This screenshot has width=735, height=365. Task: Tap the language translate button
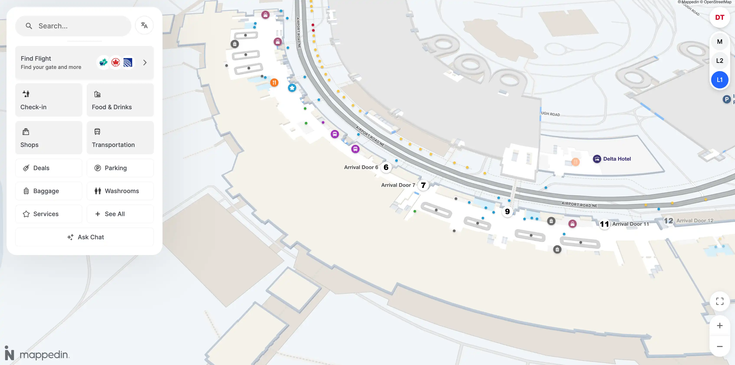tap(144, 25)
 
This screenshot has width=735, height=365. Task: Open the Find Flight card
tap(84, 62)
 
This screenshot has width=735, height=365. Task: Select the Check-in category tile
tap(49, 100)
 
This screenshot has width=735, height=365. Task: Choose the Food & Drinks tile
tap(120, 100)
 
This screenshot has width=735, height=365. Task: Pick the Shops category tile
tap(49, 138)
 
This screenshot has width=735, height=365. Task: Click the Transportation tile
tap(120, 138)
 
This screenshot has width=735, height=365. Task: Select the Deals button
tap(49, 168)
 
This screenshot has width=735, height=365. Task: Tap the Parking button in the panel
tap(120, 168)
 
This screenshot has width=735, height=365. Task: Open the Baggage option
tap(49, 191)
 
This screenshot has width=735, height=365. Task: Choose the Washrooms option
tap(120, 191)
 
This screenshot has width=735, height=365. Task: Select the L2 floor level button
tap(719, 60)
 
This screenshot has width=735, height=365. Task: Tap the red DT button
tap(719, 17)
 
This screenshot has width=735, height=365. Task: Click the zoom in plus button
tap(719, 326)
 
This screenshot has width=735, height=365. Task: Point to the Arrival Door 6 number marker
tap(386, 167)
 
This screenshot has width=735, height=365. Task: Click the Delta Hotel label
tap(617, 159)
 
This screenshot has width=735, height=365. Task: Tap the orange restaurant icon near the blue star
tap(274, 83)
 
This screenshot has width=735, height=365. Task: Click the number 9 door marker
tap(507, 212)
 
